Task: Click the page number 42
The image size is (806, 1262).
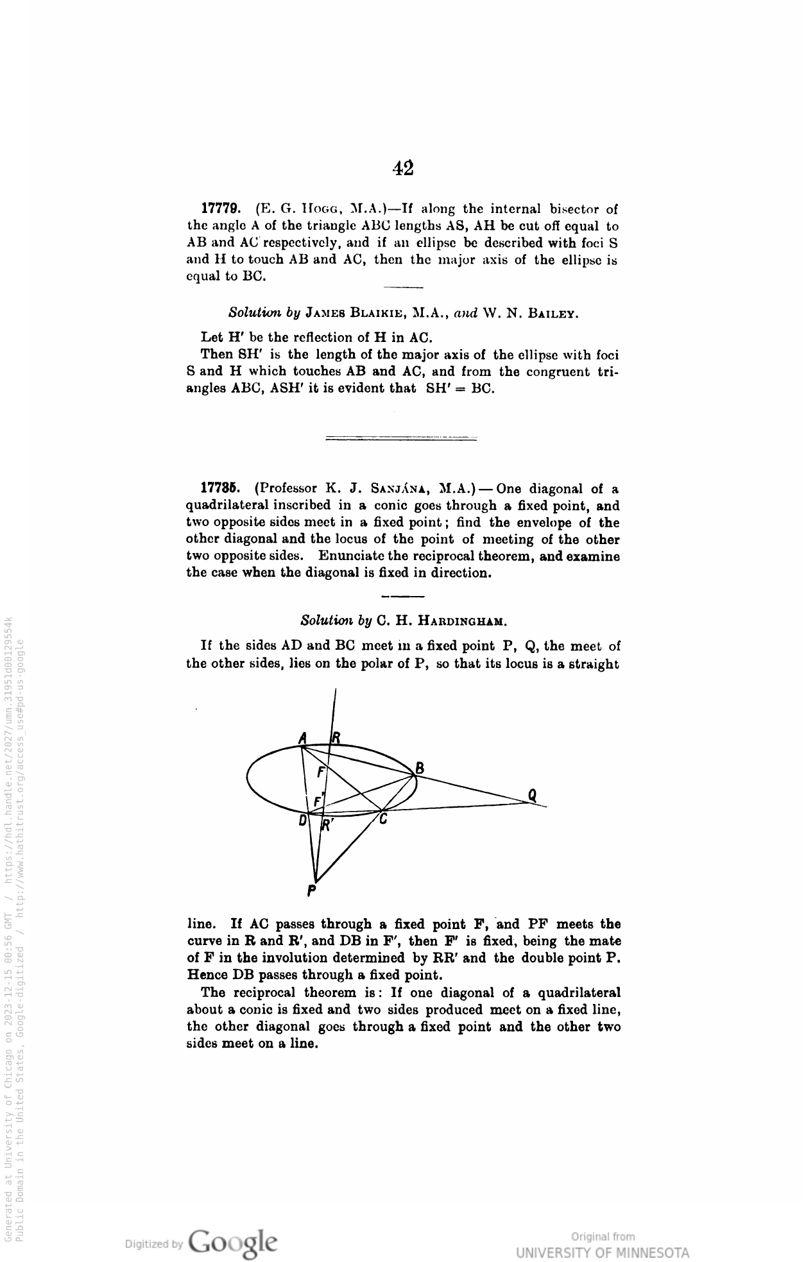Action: [403, 168]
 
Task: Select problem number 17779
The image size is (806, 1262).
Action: [221, 209]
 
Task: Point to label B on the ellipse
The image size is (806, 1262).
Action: [420, 767]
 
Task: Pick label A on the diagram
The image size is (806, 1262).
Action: [303, 738]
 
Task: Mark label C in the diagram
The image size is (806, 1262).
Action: [383, 820]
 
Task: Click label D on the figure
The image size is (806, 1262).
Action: [303, 820]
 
